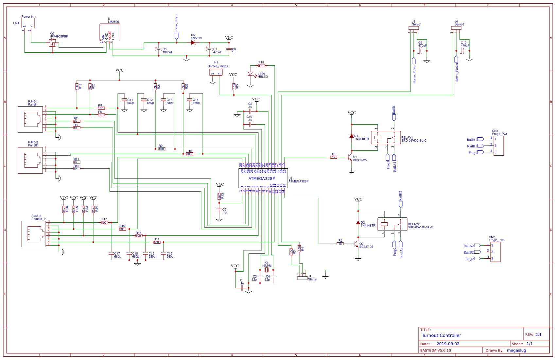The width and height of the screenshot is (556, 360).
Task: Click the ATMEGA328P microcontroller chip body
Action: pyautogui.click(x=263, y=179)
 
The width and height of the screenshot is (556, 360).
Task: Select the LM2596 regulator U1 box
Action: pyautogui.click(x=110, y=32)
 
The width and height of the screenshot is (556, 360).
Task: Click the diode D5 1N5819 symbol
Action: pyautogui.click(x=193, y=43)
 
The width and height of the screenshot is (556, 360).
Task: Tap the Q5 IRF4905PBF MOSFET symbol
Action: pyautogui.click(x=52, y=43)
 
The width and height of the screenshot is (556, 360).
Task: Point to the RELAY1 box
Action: pyautogui.click(x=386, y=137)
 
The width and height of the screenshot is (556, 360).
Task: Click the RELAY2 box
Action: pyautogui.click(x=392, y=224)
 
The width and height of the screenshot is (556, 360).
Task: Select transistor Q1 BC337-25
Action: pyautogui.click(x=350, y=158)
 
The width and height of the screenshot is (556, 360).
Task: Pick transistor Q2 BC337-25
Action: pyautogui.click(x=356, y=245)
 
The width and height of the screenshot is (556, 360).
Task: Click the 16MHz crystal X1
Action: pyautogui.click(x=267, y=270)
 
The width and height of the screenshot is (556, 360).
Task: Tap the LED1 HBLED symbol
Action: pyautogui.click(x=251, y=74)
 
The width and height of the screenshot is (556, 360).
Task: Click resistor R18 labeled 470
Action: pyautogui.click(x=261, y=66)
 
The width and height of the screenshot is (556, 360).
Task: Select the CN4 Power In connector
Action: pyautogui.click(x=28, y=23)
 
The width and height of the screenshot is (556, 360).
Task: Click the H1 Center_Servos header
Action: pyautogui.click(x=216, y=72)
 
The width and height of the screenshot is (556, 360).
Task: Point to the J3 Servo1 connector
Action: pyautogui.click(x=414, y=28)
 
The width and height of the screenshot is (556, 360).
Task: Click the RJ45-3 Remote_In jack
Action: pyautogui.click(x=33, y=233)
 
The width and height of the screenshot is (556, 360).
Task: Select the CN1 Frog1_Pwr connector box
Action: pyautogui.click(x=498, y=146)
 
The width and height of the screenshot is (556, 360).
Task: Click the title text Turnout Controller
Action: pyautogui.click(x=441, y=335)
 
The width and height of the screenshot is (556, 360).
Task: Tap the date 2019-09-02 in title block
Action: pyautogui.click(x=448, y=344)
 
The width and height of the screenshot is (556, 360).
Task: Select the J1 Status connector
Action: pyautogui.click(x=303, y=278)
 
